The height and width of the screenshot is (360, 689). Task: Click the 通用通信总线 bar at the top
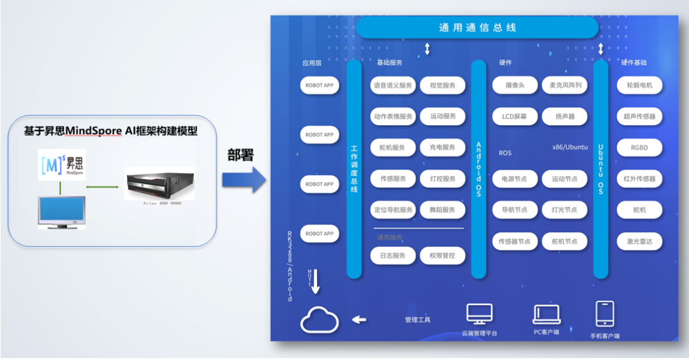pos(477,27)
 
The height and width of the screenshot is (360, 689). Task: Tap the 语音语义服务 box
pos(393,86)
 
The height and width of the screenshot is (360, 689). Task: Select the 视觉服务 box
pos(443,86)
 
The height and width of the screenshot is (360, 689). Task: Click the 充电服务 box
pos(443,147)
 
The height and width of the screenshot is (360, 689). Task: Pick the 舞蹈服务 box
pos(443,209)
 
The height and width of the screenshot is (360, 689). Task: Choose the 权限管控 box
pos(443,256)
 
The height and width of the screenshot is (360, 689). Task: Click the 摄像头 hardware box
pos(515,86)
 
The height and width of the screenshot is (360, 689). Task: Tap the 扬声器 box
pos(565,117)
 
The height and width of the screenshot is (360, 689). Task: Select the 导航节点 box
pos(515,209)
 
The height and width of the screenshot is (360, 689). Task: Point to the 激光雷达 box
pos(639,241)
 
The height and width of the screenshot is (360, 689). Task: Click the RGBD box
pos(639,147)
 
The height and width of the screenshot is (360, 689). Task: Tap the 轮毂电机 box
pos(639,86)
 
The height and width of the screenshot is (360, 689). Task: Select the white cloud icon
pos(320,320)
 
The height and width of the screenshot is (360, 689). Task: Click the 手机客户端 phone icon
pos(605,314)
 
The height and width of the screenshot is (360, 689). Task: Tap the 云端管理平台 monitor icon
pos(479,314)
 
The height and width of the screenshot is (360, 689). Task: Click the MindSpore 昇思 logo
pos(62,164)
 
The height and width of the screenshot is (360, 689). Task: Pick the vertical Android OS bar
pos(478,169)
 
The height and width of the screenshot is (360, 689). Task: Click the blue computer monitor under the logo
pos(62,211)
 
